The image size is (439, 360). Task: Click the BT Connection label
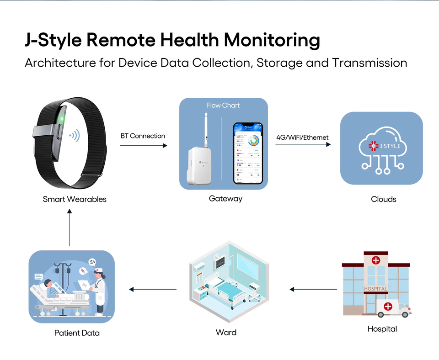coord(143,136)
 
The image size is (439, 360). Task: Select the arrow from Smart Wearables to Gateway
coord(144,145)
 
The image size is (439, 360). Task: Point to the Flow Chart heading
coord(223,105)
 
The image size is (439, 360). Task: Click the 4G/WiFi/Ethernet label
coord(302,137)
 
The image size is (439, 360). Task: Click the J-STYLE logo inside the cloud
coord(381,147)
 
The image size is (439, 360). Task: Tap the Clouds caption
coord(383,199)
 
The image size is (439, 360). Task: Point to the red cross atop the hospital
coord(375,260)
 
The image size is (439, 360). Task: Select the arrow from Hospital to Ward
coord(313,289)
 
